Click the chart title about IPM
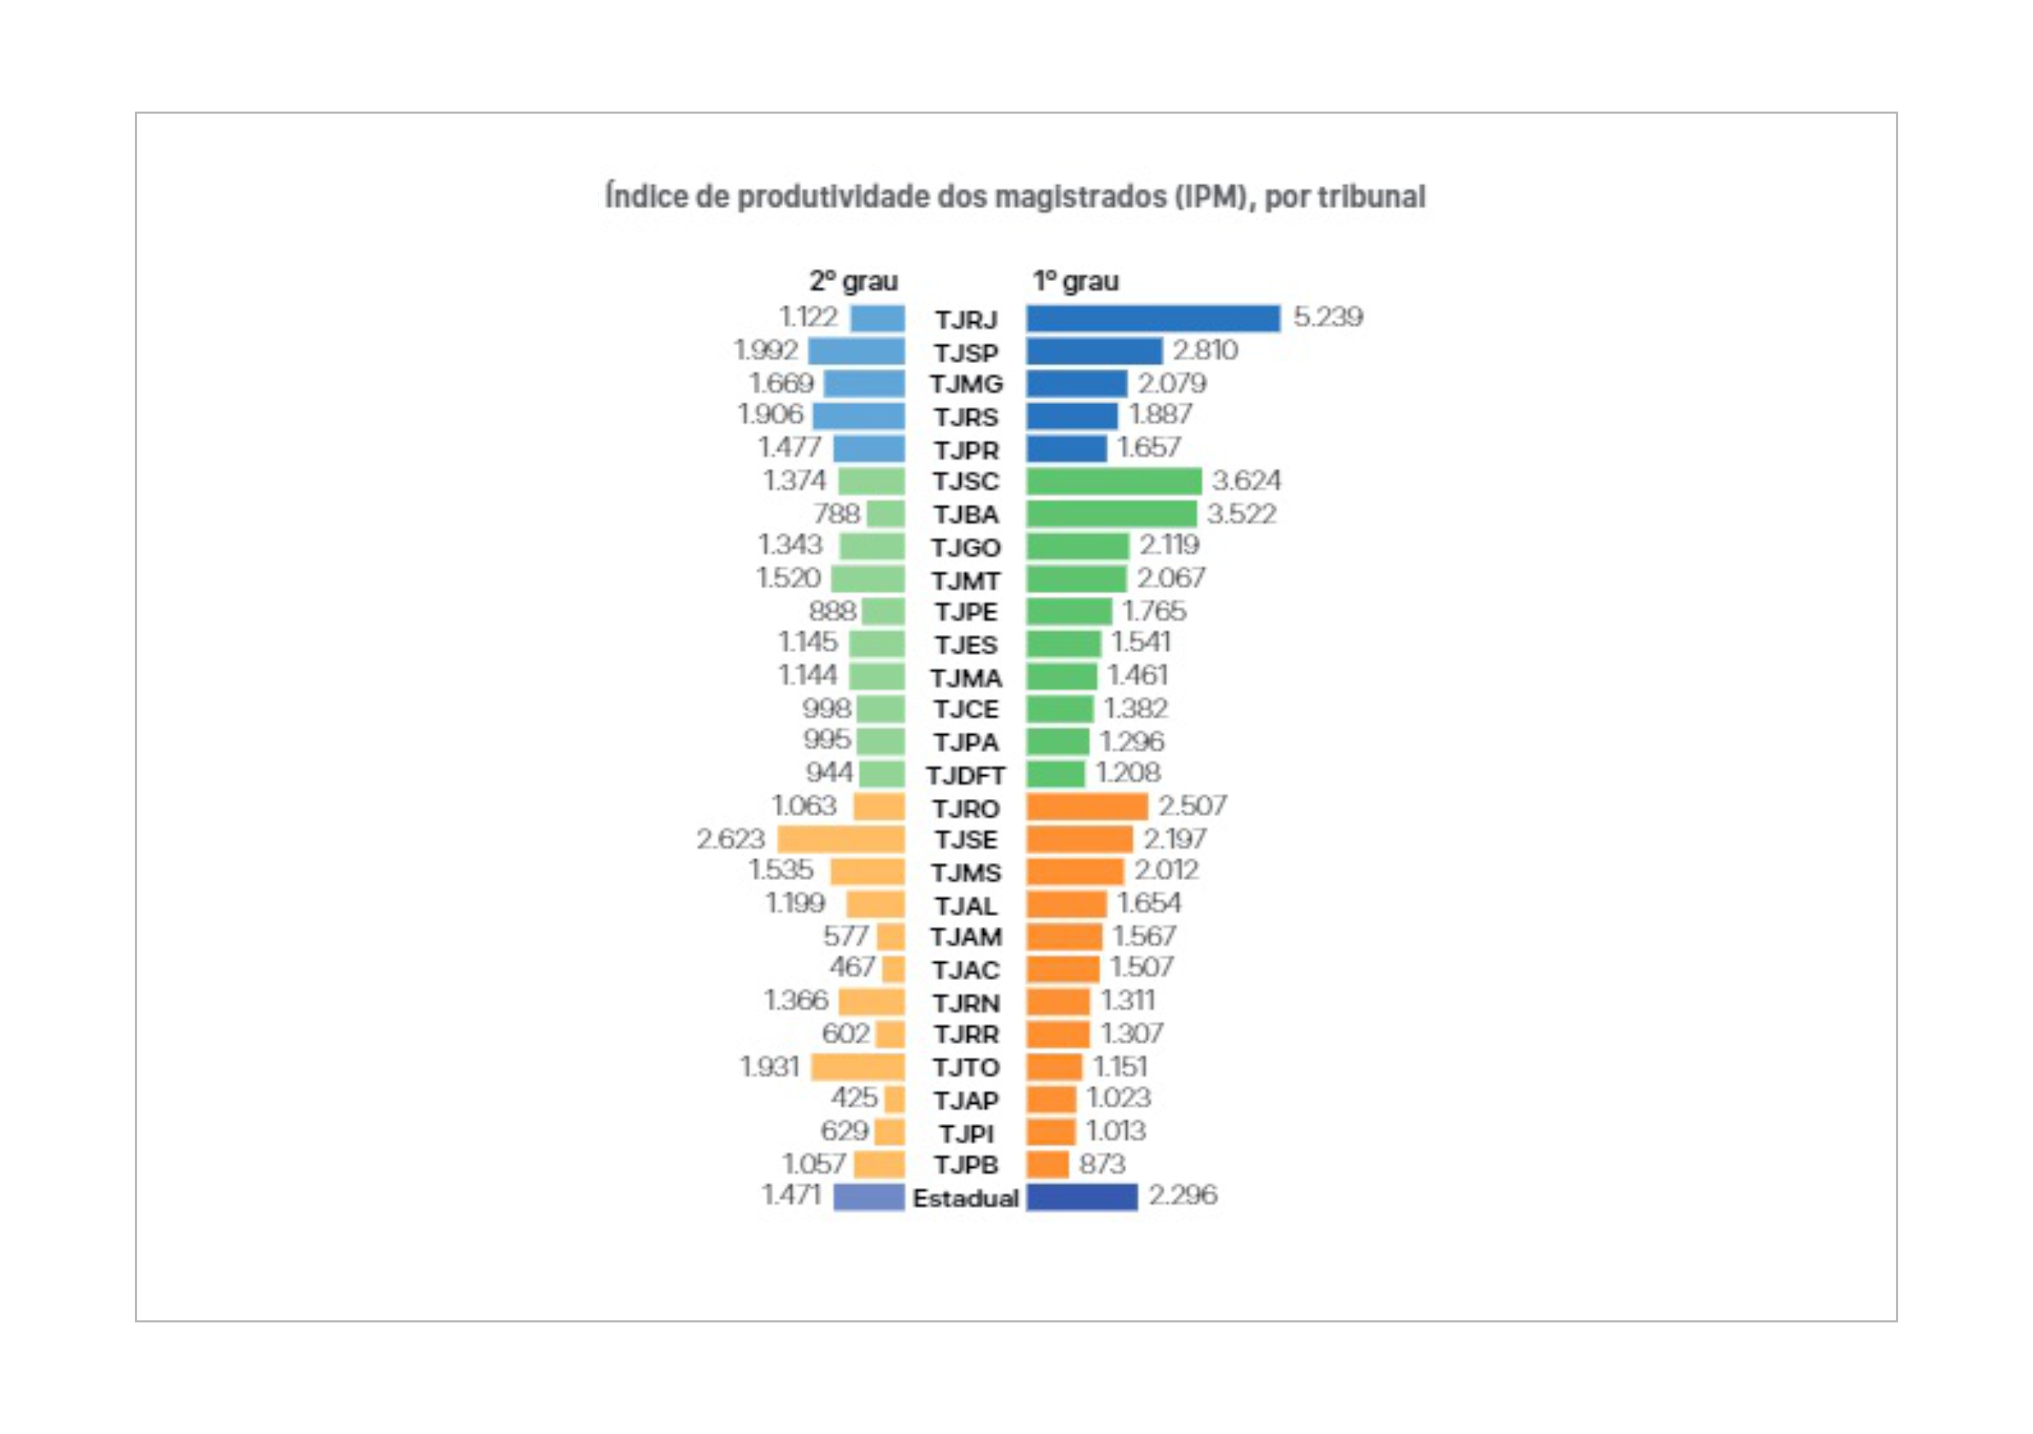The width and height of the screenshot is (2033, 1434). coord(1015,196)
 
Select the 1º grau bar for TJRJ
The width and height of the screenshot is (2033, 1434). coord(1152,318)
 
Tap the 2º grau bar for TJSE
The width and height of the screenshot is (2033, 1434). coord(841,839)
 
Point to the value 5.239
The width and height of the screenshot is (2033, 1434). coord(1327,317)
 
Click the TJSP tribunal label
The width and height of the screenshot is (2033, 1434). coord(966,352)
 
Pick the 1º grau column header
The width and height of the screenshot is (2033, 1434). coord(1075,281)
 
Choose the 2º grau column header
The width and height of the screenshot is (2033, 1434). coord(853,281)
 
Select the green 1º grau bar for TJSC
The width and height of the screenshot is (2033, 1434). coord(1113,481)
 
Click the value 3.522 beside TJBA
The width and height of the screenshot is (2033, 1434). coord(1242,514)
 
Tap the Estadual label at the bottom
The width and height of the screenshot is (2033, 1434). coord(966,1197)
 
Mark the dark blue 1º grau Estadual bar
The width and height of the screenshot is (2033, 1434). coord(1082,1196)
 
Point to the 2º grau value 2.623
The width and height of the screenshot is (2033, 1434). coord(731,838)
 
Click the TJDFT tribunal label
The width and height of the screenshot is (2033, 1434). coord(966,775)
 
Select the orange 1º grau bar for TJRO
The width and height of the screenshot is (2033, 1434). coord(1087,806)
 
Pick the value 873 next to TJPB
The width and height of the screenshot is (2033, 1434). coord(1102,1163)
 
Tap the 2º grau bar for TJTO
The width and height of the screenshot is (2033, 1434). coord(858,1066)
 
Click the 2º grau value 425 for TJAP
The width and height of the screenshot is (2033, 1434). coord(853,1097)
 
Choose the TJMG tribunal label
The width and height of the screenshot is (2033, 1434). coord(966,384)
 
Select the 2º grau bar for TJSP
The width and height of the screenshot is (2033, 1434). coord(856,351)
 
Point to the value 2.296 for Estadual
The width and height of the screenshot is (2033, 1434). coord(1182,1195)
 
